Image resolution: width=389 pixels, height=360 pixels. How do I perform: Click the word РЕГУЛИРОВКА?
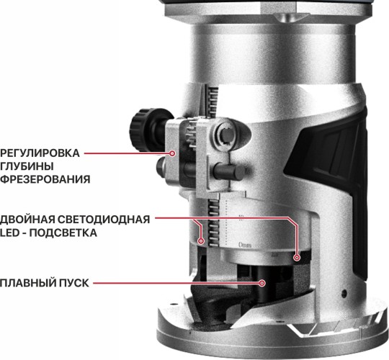point(40,153)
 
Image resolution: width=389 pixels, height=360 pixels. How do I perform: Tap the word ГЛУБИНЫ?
point(27,166)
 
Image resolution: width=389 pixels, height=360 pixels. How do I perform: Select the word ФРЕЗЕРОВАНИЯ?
point(45,179)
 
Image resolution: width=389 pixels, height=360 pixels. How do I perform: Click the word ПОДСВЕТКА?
point(63,233)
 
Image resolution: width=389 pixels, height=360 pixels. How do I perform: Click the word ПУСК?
point(73,283)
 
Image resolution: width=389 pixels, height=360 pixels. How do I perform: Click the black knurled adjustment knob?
point(139,130)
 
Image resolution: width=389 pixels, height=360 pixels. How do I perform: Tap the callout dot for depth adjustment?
point(172,153)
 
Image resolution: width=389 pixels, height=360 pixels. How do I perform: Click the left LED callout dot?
point(201,240)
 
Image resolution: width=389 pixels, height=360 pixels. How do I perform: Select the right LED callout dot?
point(297,258)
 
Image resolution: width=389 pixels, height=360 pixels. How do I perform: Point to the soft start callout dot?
point(262,283)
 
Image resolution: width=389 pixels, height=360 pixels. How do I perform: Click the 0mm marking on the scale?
point(245,246)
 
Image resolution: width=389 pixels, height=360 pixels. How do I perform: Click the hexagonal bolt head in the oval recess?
point(228,135)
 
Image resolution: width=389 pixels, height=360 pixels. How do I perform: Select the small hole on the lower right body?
point(344,293)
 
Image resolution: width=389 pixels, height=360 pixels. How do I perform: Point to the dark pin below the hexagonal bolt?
point(229,171)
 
